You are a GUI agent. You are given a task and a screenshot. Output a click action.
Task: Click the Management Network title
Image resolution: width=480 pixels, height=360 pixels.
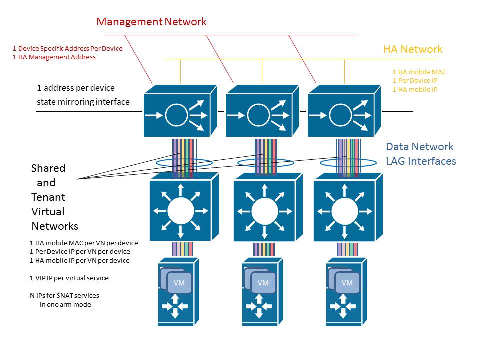click(x=151, y=22)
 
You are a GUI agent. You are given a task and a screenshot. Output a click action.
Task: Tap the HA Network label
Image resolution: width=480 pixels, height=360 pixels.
click(x=413, y=49)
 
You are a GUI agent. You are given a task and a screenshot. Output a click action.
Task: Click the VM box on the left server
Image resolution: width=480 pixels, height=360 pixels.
click(x=179, y=283)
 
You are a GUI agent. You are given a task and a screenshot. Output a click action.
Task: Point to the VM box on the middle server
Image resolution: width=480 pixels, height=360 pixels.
click(x=263, y=283)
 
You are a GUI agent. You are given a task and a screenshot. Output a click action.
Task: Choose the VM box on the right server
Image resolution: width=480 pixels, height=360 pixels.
click(x=347, y=283)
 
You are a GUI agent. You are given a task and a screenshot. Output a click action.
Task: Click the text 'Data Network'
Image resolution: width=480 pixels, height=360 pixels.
click(x=420, y=147)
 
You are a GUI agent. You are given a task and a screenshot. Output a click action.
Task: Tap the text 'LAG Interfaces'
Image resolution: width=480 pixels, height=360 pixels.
click(x=421, y=161)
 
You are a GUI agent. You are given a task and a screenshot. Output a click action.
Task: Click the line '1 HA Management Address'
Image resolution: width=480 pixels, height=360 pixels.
click(x=54, y=57)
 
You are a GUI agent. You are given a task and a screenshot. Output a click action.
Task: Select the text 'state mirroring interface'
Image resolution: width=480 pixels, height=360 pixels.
click(x=83, y=102)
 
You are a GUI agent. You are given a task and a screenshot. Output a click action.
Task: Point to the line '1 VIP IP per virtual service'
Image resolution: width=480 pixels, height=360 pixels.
click(x=69, y=278)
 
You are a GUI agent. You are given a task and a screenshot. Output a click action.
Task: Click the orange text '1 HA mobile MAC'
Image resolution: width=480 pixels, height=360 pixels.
click(x=419, y=72)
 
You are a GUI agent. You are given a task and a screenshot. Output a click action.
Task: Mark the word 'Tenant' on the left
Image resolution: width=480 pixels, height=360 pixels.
click(x=48, y=197)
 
